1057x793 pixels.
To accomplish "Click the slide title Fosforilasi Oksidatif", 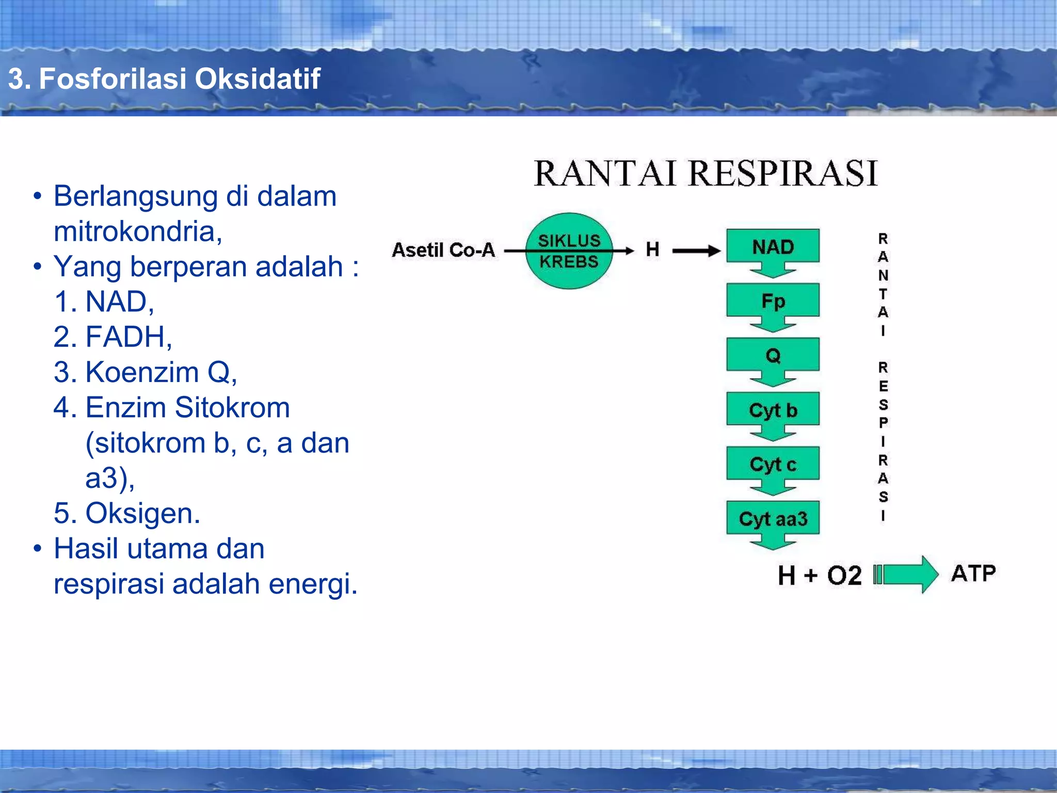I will point(164,79).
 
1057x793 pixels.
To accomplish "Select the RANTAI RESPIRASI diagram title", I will point(705,173).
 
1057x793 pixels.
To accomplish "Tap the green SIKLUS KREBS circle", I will point(569,251).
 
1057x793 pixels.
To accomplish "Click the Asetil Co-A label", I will point(443,250).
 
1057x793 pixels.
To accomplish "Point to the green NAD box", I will point(773,247).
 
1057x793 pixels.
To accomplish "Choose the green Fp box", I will point(773,301).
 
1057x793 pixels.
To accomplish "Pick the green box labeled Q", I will point(773,355).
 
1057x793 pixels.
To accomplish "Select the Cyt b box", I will point(773,410).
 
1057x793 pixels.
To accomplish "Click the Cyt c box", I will point(773,464).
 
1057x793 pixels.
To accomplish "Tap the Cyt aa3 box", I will point(773,518).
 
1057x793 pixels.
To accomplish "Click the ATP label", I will point(973,574).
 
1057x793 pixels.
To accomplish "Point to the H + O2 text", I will point(820,575).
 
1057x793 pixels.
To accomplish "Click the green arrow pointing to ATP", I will point(908,574).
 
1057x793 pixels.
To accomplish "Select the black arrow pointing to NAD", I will point(696,251).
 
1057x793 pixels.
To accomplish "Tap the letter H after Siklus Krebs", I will point(652,250).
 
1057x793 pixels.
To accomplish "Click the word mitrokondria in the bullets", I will point(137,231).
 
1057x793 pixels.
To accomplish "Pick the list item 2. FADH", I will point(113,337).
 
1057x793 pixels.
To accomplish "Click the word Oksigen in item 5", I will point(142,513).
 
